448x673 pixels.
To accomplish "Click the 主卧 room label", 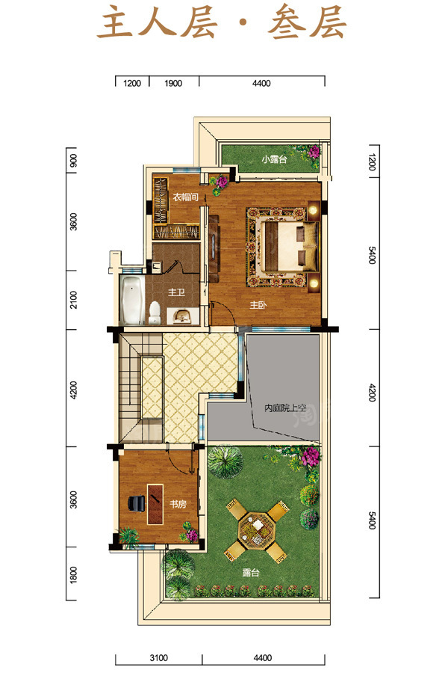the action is coord(258,305).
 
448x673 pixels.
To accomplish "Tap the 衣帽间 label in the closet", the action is coord(186,197).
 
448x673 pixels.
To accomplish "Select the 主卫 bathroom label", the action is coord(176,292).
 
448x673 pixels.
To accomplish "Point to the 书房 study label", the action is coord(178,504).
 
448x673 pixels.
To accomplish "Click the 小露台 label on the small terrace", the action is coord(274,159).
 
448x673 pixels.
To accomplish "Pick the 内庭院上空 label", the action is coord(285,408).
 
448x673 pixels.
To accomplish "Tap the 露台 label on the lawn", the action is coord(251,573).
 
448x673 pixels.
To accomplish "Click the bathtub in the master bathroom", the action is coord(131,301).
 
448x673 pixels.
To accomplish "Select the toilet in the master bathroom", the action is coord(154,313).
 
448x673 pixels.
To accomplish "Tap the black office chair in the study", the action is coord(137,503).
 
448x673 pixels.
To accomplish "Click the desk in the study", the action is coord(155,504).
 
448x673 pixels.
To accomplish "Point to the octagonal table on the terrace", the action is coord(257,529).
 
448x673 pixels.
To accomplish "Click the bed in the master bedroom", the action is coord(290,246).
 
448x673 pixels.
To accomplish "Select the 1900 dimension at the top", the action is coord(173,83).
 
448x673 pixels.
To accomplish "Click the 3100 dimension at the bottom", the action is coord(158,657).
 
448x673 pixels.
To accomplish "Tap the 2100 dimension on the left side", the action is coord(73,300).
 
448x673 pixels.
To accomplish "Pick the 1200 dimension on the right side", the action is coord(372,162).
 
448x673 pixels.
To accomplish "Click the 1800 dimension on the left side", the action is coord(73,574).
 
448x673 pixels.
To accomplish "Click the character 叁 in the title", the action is coord(287,22).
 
